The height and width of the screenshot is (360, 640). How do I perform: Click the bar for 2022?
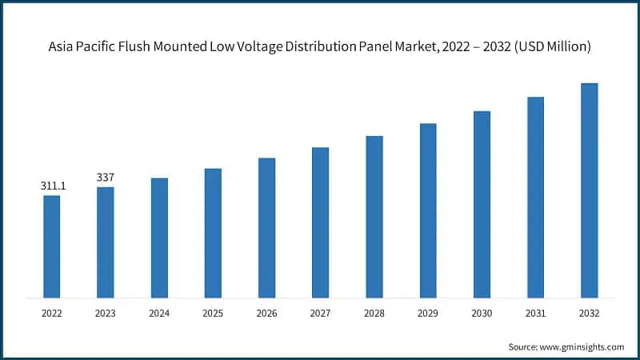[x=51, y=246]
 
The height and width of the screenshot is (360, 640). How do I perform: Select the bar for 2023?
[x=106, y=242]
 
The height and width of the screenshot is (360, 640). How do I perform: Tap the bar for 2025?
[x=213, y=233]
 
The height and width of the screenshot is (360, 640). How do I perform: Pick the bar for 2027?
[x=320, y=222]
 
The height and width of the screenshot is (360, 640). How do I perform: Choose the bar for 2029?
[x=428, y=210]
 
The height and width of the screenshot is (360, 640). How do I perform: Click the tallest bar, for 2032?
[x=589, y=190]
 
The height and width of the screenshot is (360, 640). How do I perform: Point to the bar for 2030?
[x=482, y=204]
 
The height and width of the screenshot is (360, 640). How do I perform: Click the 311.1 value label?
[x=53, y=186]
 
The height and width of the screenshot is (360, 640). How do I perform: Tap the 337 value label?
[x=106, y=178]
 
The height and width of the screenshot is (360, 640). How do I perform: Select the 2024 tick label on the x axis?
[x=159, y=314]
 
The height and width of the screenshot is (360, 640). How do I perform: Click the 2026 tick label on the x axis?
[x=266, y=314]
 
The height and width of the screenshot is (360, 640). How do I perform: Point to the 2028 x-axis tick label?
[x=374, y=314]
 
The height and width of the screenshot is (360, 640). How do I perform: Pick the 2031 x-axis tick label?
[x=535, y=314]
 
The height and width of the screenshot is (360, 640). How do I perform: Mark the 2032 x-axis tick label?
[x=589, y=314]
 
